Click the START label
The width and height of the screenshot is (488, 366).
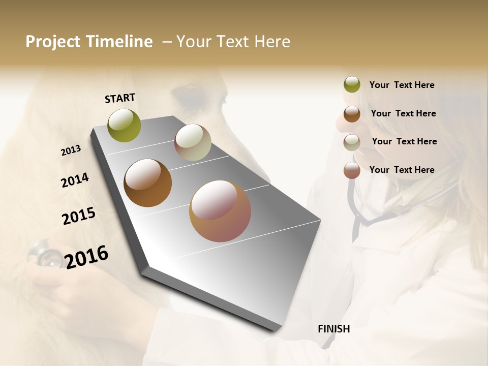pyautogui.click(x=120, y=98)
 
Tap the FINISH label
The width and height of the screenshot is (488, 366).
pyautogui.click(x=333, y=329)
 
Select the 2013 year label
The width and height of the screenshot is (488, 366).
pyautogui.click(x=71, y=150)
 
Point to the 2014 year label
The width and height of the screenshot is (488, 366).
pyautogui.click(x=75, y=180)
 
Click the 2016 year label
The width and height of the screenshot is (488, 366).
pyautogui.click(x=86, y=257)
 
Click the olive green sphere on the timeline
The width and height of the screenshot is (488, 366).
pyautogui.click(x=124, y=125)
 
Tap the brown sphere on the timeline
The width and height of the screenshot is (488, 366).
pyautogui.click(x=147, y=183)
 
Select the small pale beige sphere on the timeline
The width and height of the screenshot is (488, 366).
pyautogui.click(x=193, y=142)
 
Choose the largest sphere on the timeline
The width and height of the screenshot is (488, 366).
pyautogui.click(x=220, y=211)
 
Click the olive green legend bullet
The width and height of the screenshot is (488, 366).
pyautogui.click(x=352, y=85)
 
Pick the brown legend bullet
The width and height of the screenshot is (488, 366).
pyautogui.click(x=352, y=114)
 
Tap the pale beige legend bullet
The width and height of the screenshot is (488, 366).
pyautogui.click(x=352, y=142)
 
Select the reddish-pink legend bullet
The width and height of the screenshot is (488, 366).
pyautogui.click(x=352, y=170)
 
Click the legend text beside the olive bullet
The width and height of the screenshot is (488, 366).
pyautogui.click(x=402, y=85)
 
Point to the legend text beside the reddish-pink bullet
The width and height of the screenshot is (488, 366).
pyautogui.click(x=402, y=170)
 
